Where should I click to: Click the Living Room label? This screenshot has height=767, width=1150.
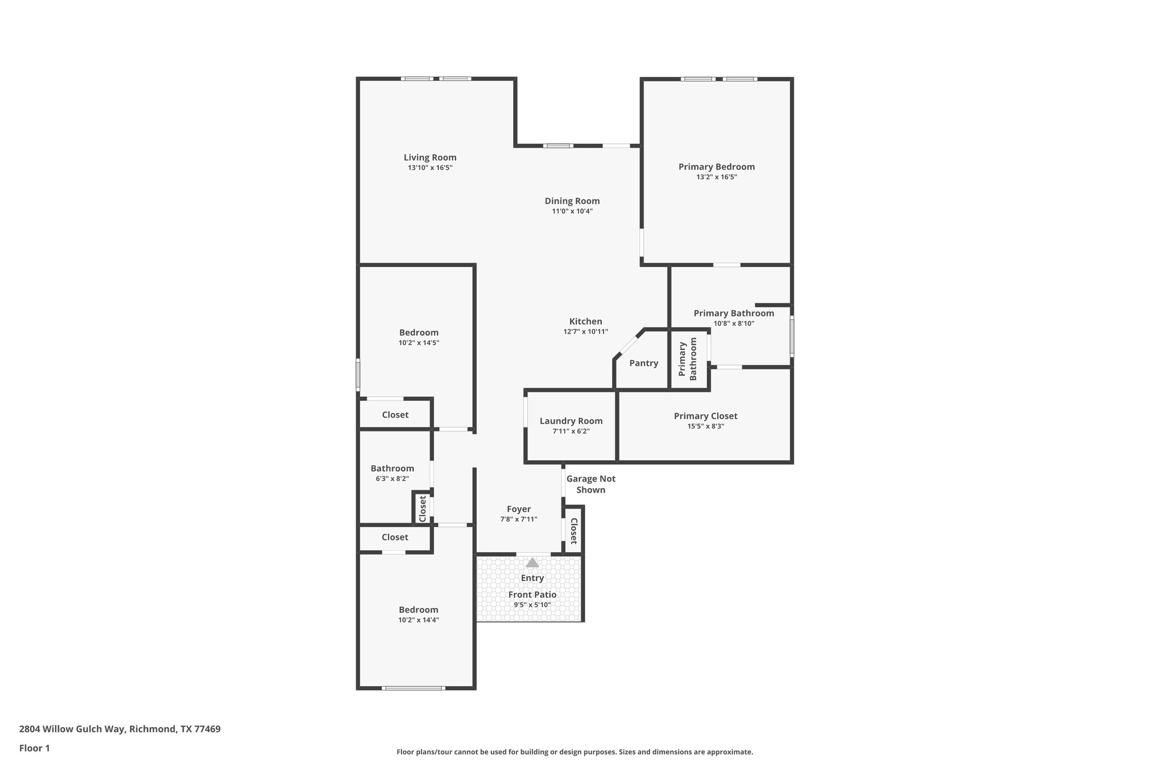[430, 158]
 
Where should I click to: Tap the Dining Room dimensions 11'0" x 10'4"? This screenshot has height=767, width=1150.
[572, 211]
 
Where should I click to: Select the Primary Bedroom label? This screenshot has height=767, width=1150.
[716, 167]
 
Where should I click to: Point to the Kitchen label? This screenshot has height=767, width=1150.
[585, 321]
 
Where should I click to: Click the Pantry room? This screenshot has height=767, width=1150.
[643, 364]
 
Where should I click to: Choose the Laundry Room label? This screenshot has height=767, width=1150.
[571, 421]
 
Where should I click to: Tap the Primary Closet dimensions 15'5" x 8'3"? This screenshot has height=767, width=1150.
[705, 426]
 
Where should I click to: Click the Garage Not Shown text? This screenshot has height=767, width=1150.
[590, 484]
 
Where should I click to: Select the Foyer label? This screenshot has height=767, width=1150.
[518, 509]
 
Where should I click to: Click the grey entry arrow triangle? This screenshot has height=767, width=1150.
[532, 562]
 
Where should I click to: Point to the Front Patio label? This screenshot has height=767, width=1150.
[532, 594]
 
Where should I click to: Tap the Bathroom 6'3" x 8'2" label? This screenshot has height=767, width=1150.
[392, 469]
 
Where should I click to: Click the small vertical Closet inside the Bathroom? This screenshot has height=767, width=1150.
[422, 508]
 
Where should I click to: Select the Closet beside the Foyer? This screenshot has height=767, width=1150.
[574, 531]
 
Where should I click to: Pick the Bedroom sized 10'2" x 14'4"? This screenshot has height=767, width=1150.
[418, 610]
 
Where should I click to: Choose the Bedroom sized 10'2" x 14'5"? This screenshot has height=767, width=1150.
[418, 333]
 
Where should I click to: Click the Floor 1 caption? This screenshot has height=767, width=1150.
[34, 748]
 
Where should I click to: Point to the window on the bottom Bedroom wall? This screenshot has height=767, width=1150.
[413, 688]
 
